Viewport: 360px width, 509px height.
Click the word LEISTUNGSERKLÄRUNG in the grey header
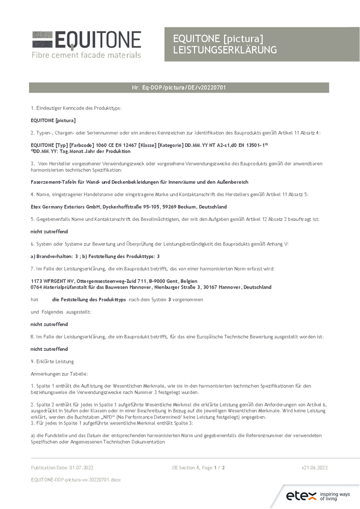pyautogui.click(x=225, y=50)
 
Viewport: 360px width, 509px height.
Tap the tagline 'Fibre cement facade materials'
pyautogui.click(x=86, y=54)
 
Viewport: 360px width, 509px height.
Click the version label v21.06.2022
pyautogui.click(x=315, y=467)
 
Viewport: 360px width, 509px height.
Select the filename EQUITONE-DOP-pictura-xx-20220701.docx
pyautogui.click(x=76, y=479)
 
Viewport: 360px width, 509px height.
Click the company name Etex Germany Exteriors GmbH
pyautogui.click(x=64, y=207)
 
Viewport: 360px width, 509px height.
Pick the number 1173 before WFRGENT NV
pyautogui.click(x=36, y=281)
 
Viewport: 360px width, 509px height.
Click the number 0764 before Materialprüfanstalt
pyautogui.click(x=36, y=287)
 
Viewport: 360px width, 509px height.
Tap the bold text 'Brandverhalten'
pyautogui.click(x=52, y=256)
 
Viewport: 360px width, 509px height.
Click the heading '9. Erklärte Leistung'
pyautogui.click(x=52, y=361)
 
